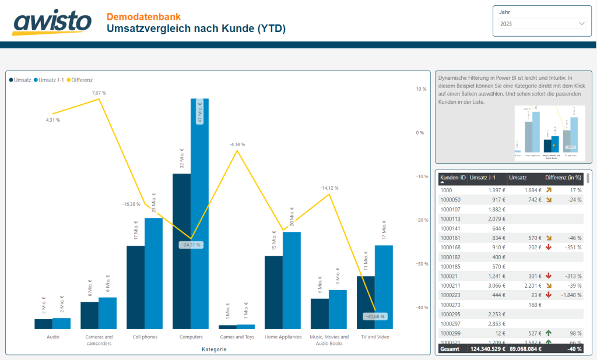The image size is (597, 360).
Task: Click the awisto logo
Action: pos(52,23)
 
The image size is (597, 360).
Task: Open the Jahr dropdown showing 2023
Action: pos(542,24)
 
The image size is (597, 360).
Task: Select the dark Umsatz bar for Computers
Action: pos(181,250)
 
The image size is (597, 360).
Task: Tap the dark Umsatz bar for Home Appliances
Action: pos(273,291)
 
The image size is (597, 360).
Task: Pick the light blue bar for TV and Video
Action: pos(384,287)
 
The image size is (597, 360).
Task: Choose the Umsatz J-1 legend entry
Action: pos(51,80)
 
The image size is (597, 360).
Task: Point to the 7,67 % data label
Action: pos(99,93)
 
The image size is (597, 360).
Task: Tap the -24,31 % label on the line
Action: pos(191,245)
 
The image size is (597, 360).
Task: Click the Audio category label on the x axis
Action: pos(52,337)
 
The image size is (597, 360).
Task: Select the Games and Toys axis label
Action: pos(236,337)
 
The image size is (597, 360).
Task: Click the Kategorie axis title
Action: pos(214,350)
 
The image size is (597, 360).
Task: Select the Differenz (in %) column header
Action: pos(563,177)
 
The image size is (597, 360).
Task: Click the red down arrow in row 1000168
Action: pos(548,247)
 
